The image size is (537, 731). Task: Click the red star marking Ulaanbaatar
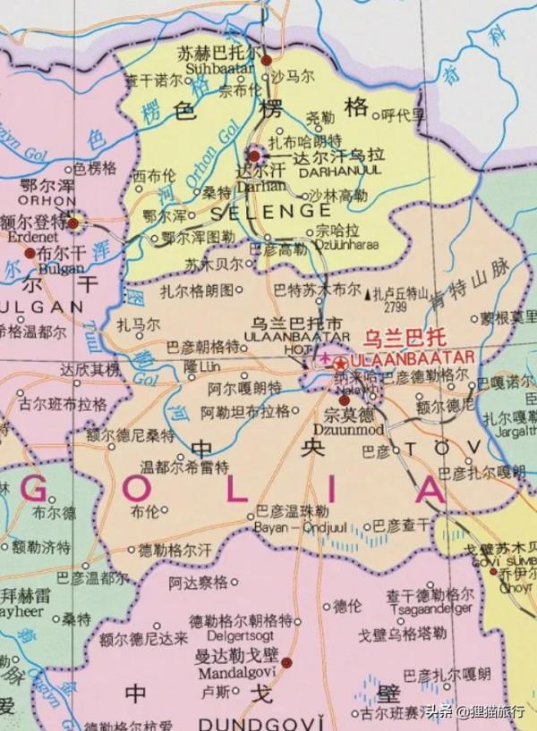pyautogui.click(x=339, y=364)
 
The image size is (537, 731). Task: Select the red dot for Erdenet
pyautogui.click(x=73, y=223)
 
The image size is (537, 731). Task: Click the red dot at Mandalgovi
pyautogui.click(x=286, y=662)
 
